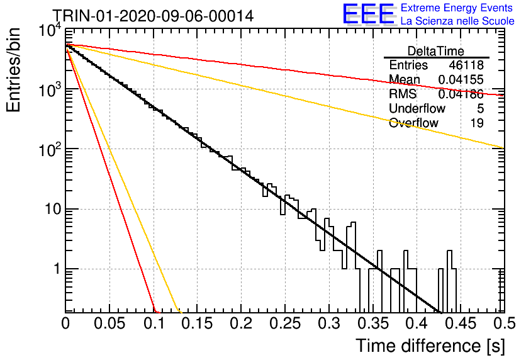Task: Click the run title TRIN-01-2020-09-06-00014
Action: pos(154,16)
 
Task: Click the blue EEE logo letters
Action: pos(369,14)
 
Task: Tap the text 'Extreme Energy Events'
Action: pos(457,8)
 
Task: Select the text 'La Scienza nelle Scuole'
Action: pos(457,21)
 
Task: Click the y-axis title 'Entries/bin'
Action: pos(13,70)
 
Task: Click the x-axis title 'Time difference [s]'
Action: pos(430,346)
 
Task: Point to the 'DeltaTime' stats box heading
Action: pos(436,51)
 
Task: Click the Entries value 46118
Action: pos(466,65)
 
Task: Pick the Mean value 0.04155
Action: pos(461,79)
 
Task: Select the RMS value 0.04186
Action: pos(461,94)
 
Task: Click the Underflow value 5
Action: pos(480,108)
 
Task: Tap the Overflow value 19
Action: pos(477,123)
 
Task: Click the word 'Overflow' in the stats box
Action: pos(413,123)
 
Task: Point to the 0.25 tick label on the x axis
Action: pos(285,323)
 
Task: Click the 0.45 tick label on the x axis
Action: pos(461,323)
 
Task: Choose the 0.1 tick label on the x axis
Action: pos(154,323)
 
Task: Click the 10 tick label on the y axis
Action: pos(53,209)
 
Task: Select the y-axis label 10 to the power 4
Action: pos(50,32)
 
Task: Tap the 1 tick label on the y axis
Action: pos(57,269)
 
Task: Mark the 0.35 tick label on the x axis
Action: pos(373,323)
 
